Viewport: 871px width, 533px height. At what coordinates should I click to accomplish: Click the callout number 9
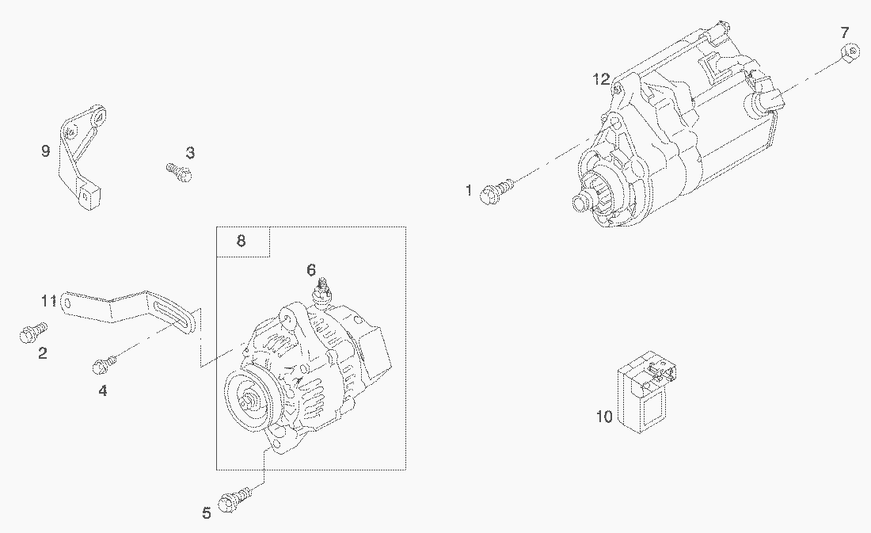pyautogui.click(x=46, y=150)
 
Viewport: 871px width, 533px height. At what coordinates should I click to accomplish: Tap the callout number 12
pyautogui.click(x=601, y=79)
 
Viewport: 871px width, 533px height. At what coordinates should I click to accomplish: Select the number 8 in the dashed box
pyautogui.click(x=241, y=241)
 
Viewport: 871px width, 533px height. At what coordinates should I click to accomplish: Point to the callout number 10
pyautogui.click(x=604, y=416)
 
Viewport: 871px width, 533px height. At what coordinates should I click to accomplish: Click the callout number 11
pyautogui.click(x=49, y=301)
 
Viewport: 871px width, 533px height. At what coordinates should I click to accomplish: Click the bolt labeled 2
pyautogui.click(x=33, y=332)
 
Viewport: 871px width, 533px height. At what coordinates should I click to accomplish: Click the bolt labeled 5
pyautogui.click(x=235, y=498)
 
